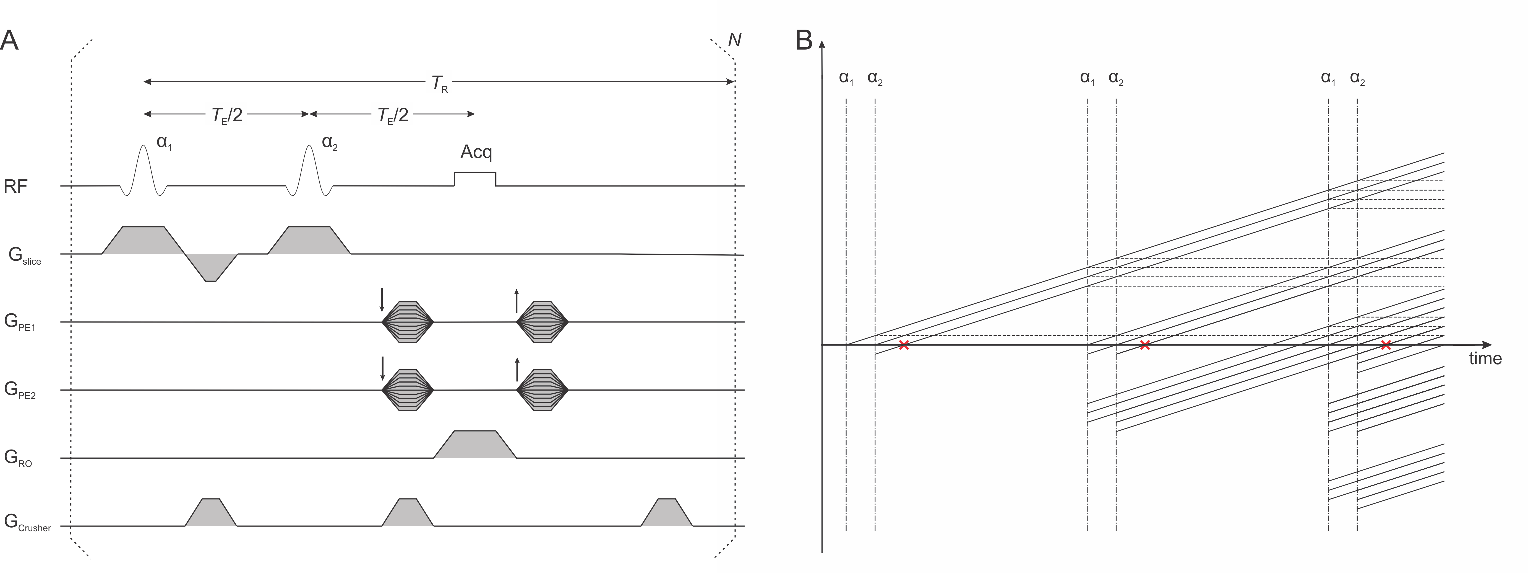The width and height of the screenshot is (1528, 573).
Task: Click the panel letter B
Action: pyautogui.click(x=804, y=40)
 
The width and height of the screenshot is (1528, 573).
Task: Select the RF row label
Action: pyautogui.click(x=16, y=187)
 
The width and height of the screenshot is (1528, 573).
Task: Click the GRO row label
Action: pyautogui.click(x=18, y=458)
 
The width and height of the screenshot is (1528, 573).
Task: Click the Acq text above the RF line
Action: pyautogui.click(x=476, y=153)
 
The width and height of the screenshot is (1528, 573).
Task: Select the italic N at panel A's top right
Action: pyautogui.click(x=734, y=40)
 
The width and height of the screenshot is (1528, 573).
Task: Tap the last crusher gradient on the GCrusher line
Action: pyautogui.click(x=667, y=513)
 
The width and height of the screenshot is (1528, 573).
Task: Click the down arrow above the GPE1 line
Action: pyautogui.click(x=382, y=300)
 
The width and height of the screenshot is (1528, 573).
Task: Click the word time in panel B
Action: pyautogui.click(x=1485, y=359)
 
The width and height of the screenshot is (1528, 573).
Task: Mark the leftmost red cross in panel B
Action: pyautogui.click(x=903, y=345)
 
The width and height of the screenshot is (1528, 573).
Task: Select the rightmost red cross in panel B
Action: pyautogui.click(x=1386, y=345)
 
